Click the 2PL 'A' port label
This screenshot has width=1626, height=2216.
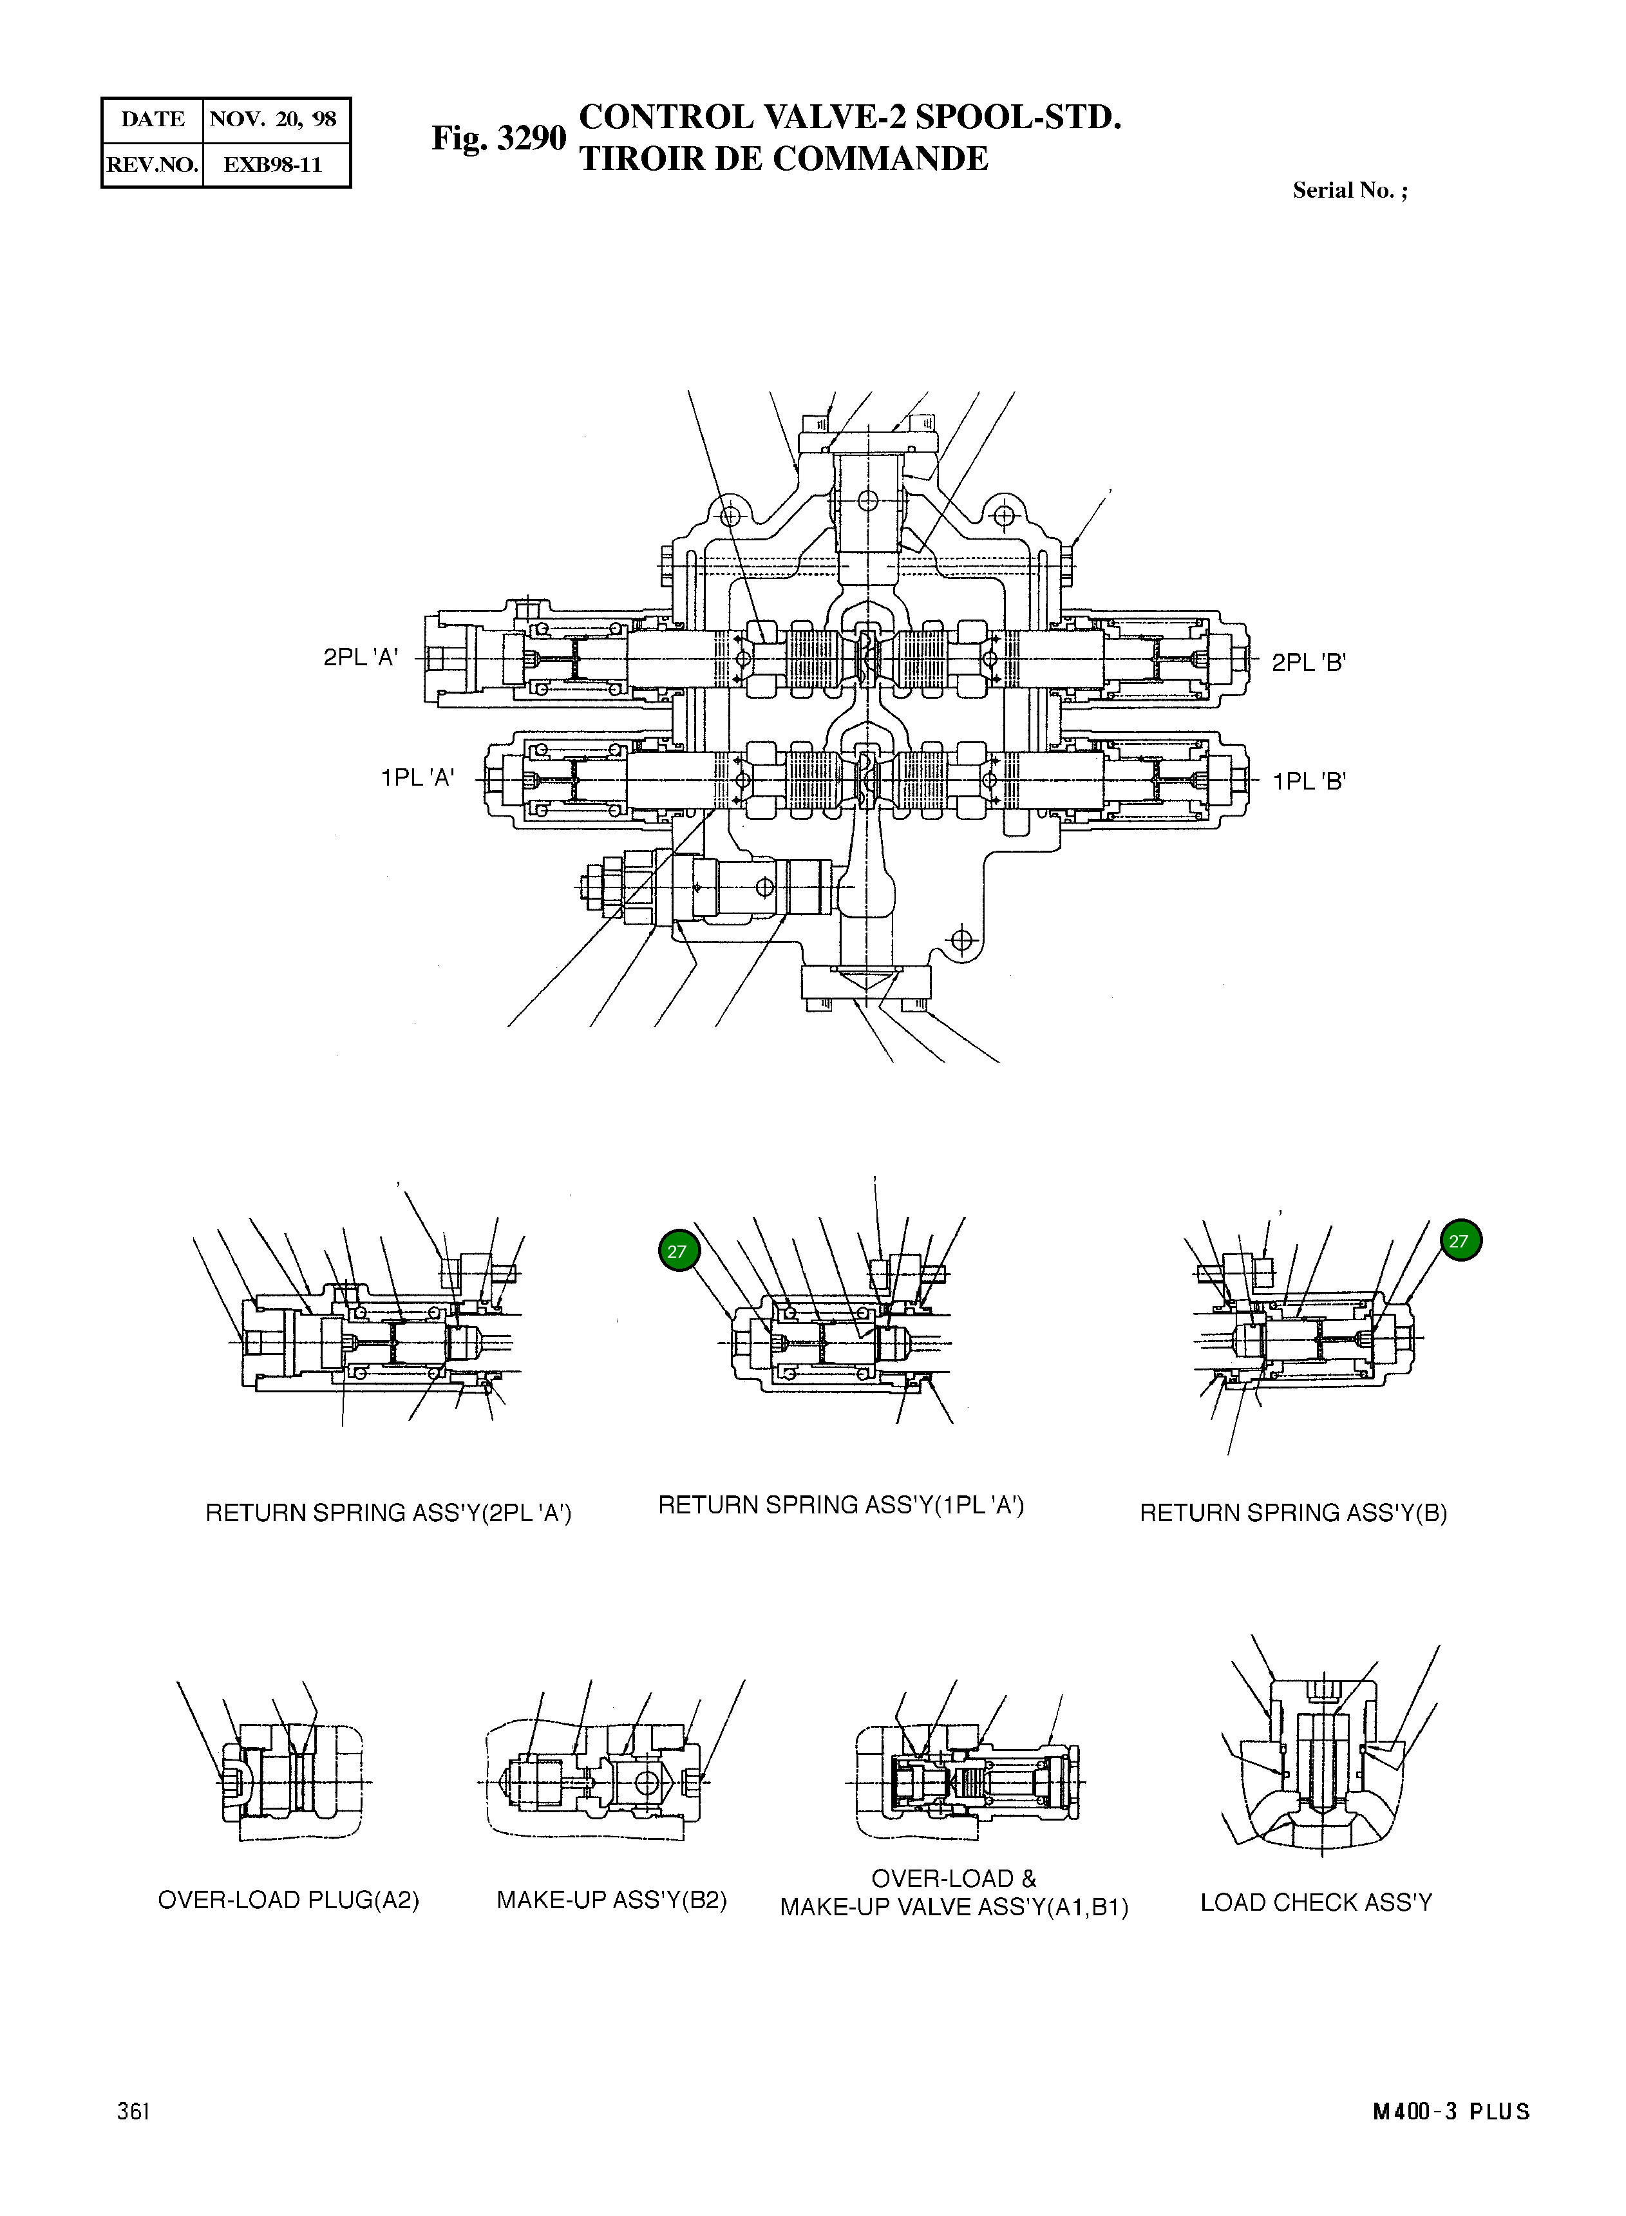click(x=360, y=658)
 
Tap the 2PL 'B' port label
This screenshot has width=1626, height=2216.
click(x=1308, y=663)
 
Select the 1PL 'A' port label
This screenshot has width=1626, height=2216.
click(x=417, y=778)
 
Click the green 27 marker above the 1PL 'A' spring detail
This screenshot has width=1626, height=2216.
click(x=677, y=1251)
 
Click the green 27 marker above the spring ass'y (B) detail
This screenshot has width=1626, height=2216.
click(x=1461, y=1240)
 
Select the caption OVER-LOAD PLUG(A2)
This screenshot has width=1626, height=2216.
click(x=288, y=1900)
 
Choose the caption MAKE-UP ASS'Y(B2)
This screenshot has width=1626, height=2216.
click(x=611, y=1900)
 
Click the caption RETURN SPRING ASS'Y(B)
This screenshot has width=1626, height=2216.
click(x=1292, y=1513)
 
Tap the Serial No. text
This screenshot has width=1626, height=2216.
click(x=1350, y=191)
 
